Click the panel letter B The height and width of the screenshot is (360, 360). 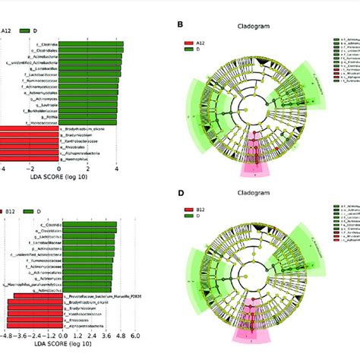click(180, 24)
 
